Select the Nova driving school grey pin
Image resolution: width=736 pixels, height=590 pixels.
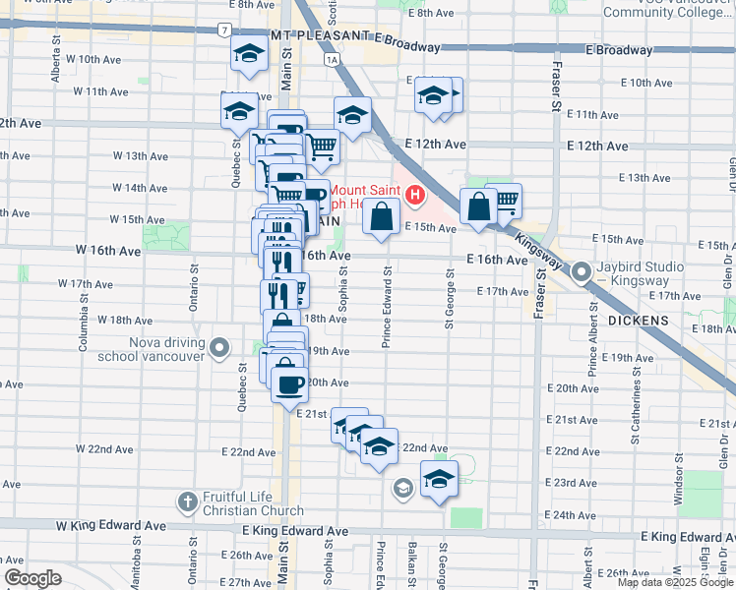[219, 348]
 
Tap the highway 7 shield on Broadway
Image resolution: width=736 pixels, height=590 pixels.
[226, 31]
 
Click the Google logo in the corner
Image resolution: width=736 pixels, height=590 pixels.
[32, 578]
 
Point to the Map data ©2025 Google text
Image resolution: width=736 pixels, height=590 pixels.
[675, 582]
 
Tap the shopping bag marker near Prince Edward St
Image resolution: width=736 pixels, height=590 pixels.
[381, 216]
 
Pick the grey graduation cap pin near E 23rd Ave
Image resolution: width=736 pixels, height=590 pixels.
[402, 487]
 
